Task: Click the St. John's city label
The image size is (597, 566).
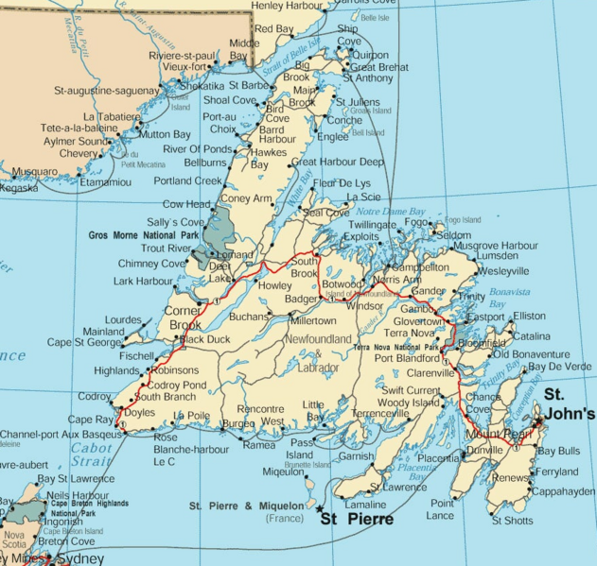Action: click(x=569, y=404)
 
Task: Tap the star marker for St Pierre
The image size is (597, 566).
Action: click(x=321, y=508)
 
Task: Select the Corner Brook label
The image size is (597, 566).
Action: click(x=184, y=317)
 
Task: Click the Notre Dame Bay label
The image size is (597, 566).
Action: click(x=392, y=212)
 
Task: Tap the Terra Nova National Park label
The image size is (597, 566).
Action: click(x=397, y=348)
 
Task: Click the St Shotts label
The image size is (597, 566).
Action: click(x=512, y=520)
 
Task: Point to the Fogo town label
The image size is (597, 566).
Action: click(x=416, y=224)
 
